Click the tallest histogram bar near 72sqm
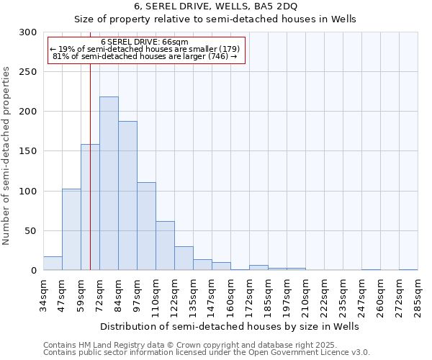109,184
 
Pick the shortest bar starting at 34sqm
53,264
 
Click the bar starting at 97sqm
146,226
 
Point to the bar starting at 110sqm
165,246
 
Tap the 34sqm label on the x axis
43,295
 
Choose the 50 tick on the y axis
30,231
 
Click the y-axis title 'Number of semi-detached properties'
7,156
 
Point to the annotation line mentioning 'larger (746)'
145,56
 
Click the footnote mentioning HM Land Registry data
205,345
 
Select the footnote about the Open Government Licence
207,352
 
